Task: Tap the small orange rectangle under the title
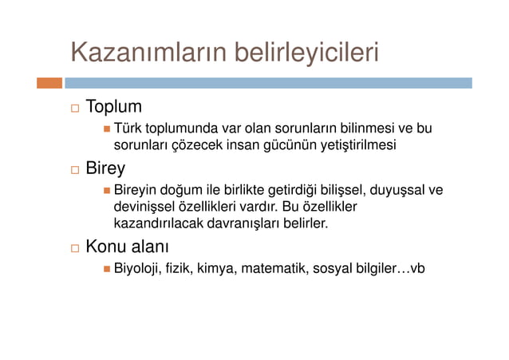[49, 83]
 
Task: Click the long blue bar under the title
[268, 83]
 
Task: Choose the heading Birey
[105, 169]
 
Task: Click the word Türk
[128, 129]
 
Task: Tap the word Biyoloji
[136, 267]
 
